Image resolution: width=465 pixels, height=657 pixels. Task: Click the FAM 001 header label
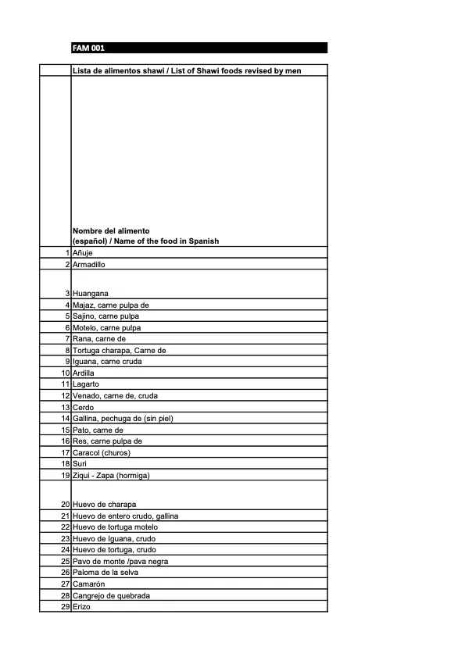88,48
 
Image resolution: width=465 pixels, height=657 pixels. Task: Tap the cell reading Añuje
82,254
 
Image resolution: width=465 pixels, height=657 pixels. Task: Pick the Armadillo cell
88,265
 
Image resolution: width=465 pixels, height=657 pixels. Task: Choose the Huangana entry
90,293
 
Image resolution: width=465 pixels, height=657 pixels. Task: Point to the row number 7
68,339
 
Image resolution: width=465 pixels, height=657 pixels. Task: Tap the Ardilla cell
83,373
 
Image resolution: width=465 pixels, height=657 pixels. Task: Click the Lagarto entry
86,384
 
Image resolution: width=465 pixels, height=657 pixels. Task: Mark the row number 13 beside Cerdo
66,408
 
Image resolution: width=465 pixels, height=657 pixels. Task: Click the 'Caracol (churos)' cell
101,452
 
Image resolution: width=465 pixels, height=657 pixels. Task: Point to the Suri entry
79,464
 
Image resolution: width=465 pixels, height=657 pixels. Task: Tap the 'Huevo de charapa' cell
103,505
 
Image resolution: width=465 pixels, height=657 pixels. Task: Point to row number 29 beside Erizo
66,607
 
